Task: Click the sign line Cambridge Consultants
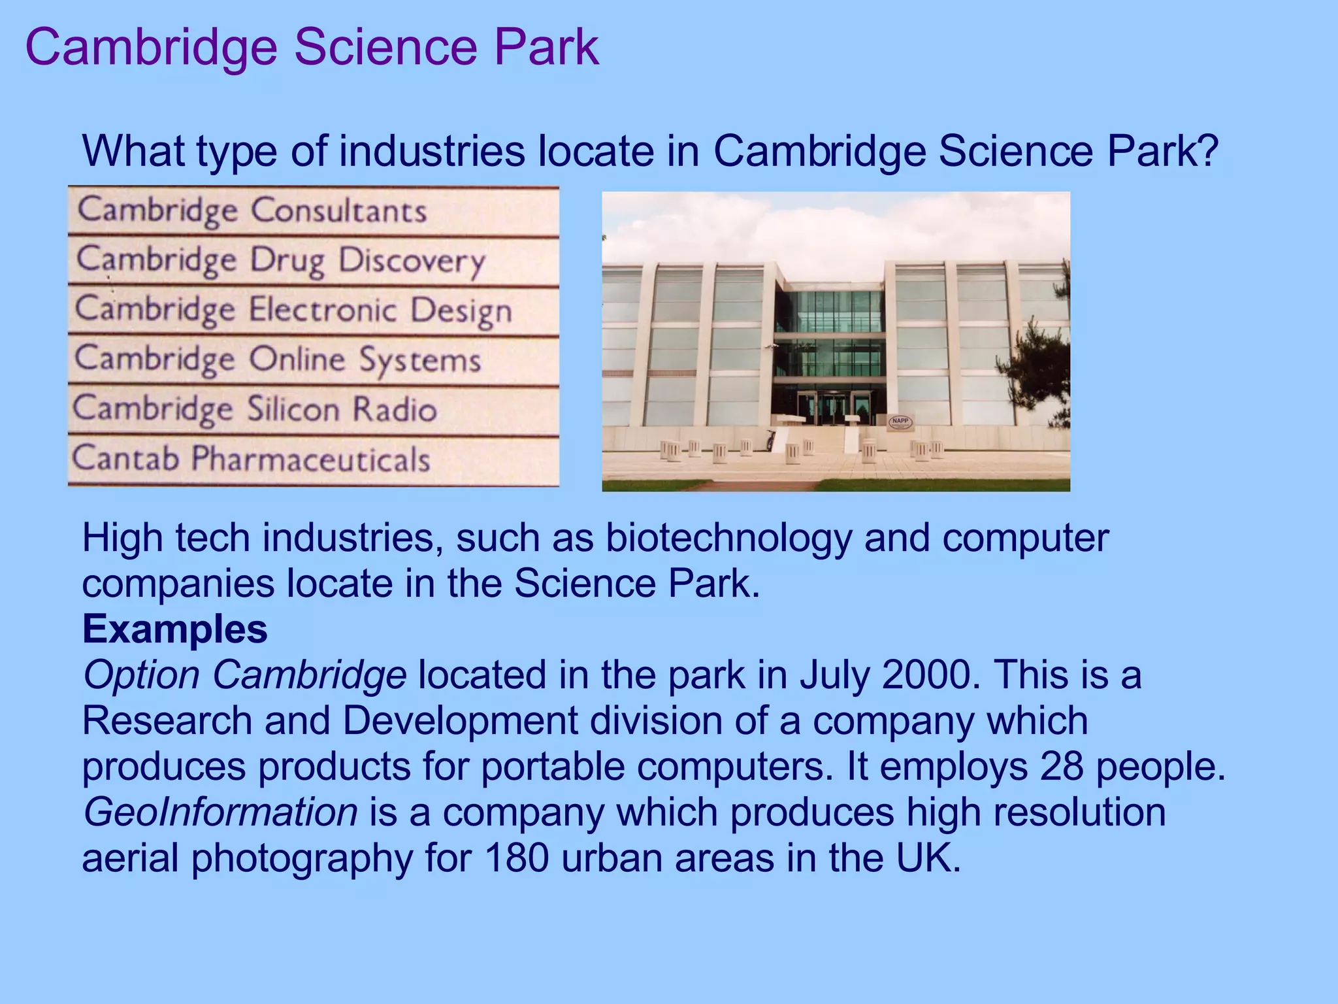252,210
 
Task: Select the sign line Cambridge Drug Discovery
281,260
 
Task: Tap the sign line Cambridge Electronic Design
293,310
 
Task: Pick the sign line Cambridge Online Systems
278,360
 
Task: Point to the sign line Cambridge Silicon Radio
255,409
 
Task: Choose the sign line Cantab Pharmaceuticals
252,459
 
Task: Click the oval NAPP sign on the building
900,422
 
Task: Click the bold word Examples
175,629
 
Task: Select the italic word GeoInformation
220,812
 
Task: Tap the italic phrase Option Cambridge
244,675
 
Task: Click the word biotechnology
728,538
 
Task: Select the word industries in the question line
432,151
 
